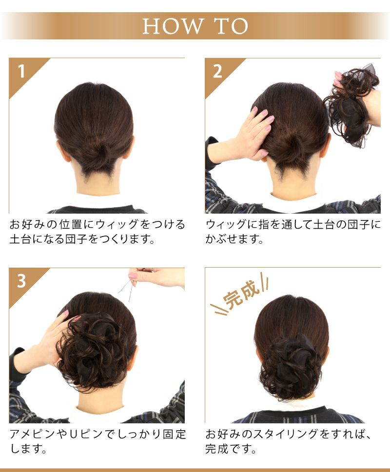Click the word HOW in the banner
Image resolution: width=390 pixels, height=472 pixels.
point(172,26)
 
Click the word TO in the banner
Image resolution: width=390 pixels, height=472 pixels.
point(232,26)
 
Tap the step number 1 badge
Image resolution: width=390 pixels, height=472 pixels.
point(21,72)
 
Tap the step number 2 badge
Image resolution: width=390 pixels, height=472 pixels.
point(217,72)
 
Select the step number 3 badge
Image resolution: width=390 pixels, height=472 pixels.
point(21,281)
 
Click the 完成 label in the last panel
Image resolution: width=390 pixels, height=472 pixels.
point(241,294)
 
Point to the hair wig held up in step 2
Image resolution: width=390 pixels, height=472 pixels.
point(351,106)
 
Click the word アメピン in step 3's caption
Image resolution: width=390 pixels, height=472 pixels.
point(33,434)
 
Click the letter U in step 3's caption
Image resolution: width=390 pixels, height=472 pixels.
point(75,435)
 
